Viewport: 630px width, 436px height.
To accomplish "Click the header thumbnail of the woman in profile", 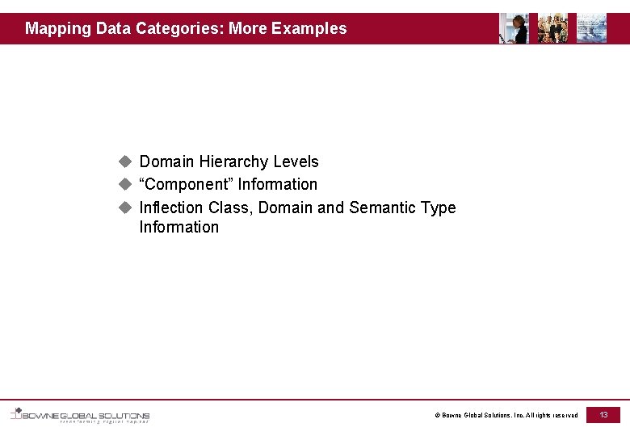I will tap(514, 28).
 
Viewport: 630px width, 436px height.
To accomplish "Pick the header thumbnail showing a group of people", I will tap(552, 28).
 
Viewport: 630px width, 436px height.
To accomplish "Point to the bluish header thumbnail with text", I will tap(592, 28).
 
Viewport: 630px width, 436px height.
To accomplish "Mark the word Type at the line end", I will tap(438, 208).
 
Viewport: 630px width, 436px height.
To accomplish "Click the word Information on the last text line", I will tap(178, 228).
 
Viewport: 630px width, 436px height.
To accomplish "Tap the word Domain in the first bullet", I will tap(167, 162).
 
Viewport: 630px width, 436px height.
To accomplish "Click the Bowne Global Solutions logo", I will tap(80, 415).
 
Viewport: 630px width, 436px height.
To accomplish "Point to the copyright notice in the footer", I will tap(506, 415).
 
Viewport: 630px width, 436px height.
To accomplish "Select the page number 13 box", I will tap(603, 414).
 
